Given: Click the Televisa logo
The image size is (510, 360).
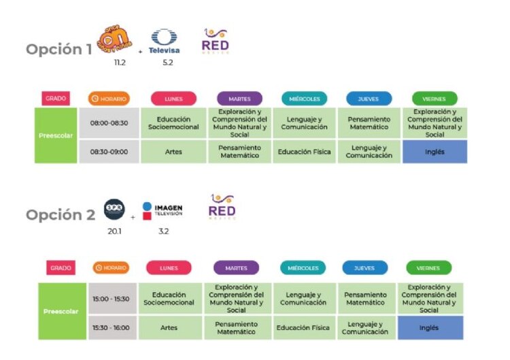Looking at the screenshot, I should (163, 42).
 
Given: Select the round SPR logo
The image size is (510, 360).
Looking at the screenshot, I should (114, 209).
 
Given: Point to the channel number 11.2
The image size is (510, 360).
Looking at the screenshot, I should (121, 62).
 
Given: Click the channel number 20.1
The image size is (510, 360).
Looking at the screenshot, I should (113, 230).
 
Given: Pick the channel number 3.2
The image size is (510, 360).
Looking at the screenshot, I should (163, 230).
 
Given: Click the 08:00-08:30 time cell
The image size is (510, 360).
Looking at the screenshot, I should (109, 123).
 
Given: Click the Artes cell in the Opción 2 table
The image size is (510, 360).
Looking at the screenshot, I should (169, 327).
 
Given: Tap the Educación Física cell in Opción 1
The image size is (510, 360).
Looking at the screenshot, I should (304, 152).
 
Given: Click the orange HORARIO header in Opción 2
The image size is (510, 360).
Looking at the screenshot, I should (110, 267).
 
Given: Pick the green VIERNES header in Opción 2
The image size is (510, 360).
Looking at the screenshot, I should (428, 267).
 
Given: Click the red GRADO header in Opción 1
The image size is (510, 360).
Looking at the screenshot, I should (56, 99).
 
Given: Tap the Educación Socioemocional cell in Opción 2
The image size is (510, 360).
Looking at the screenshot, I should (169, 299).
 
